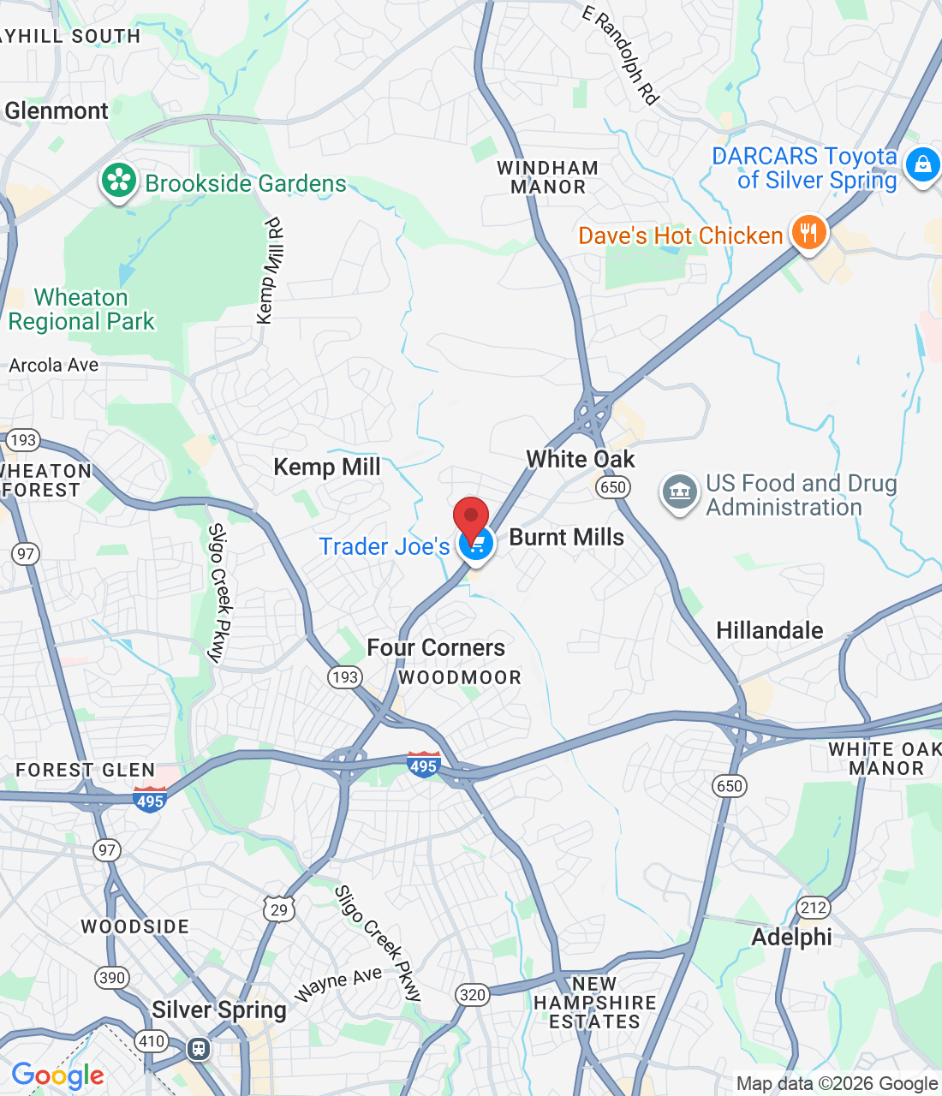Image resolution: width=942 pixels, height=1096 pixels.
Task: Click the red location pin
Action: [470, 518]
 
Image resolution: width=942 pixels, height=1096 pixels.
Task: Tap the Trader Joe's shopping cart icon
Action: [476, 544]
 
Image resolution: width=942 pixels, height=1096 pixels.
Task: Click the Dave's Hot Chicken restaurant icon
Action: [808, 232]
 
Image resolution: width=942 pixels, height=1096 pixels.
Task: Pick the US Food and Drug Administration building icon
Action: [680, 492]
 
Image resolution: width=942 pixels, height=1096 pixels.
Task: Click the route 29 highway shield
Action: [279, 908]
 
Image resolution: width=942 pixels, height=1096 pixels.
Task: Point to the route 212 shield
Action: [813, 908]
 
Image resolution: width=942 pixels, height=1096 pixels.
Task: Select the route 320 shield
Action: [473, 994]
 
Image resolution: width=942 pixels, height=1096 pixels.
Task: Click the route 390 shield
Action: [112, 978]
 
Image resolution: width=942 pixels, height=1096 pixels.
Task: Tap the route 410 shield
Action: [152, 1041]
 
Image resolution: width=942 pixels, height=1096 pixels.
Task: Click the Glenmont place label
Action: [57, 110]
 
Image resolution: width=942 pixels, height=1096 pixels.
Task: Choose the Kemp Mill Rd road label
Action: [271, 271]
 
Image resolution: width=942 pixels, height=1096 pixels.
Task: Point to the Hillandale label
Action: [769, 631]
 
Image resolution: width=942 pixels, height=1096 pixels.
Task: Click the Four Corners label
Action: [436, 647]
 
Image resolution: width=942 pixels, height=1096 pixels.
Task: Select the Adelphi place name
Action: [791, 937]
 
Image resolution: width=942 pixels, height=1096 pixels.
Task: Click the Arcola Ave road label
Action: [54, 366]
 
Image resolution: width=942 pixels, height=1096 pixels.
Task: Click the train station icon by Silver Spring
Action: [199, 1048]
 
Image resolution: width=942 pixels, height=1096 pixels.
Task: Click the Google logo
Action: [57, 1075]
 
